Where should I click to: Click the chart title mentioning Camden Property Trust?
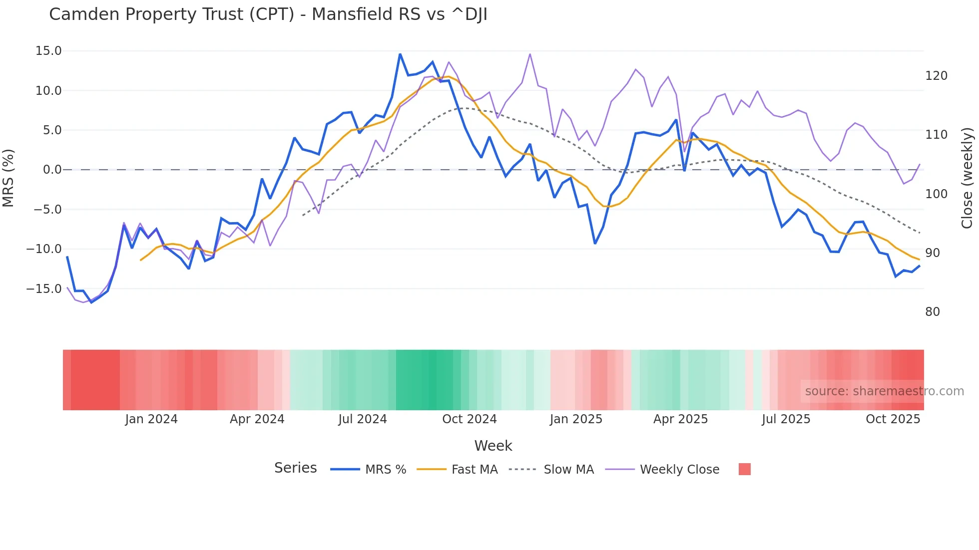click(x=268, y=14)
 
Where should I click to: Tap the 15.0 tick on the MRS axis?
click(x=48, y=51)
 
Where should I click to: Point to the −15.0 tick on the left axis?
click(x=44, y=288)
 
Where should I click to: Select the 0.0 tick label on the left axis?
click(x=52, y=170)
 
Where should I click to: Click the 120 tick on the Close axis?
click(x=936, y=76)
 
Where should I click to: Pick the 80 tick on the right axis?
click(x=933, y=312)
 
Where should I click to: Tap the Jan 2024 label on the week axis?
click(x=151, y=419)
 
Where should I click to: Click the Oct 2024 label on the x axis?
click(x=470, y=419)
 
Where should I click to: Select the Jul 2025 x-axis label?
click(x=786, y=419)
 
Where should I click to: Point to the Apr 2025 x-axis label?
click(x=680, y=419)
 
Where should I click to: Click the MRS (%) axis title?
click(x=8, y=178)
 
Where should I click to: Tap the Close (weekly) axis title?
click(x=968, y=178)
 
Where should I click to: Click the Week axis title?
click(x=493, y=446)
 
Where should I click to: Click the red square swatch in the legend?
click(x=744, y=469)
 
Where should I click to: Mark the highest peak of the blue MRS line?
click(x=400, y=54)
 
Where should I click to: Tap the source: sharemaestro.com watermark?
click(x=884, y=391)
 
